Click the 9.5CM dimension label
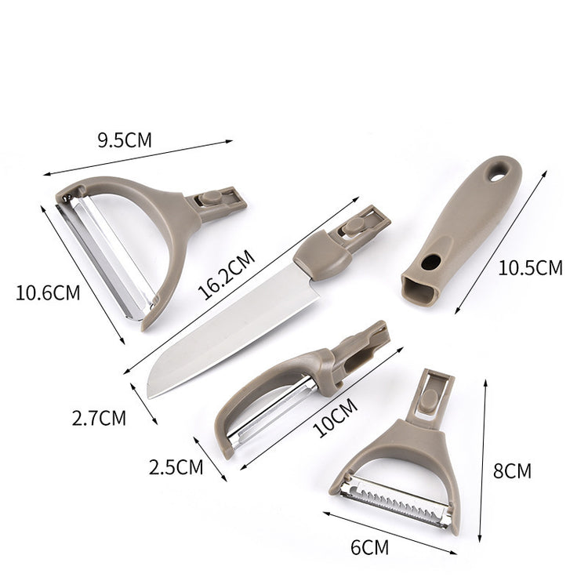(125, 141)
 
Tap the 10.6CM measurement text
(48, 293)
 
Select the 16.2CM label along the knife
(227, 274)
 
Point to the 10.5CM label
(530, 267)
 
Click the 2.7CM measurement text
(99, 417)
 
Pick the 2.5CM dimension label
(176, 468)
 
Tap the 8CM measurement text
(511, 471)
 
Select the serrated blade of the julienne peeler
(392, 500)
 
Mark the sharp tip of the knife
(150, 393)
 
